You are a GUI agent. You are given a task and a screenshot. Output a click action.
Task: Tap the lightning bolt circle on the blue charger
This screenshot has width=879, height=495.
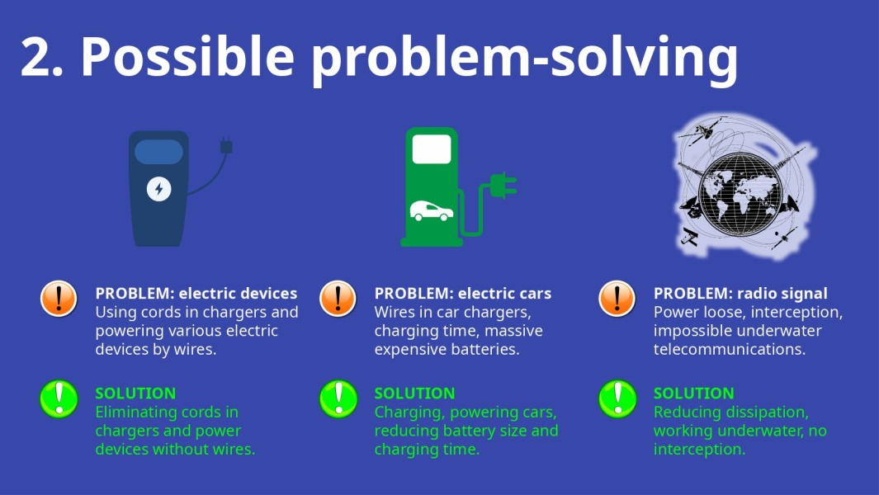point(159,189)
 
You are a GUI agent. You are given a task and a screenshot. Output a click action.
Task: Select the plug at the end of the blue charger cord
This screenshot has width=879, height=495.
point(226,147)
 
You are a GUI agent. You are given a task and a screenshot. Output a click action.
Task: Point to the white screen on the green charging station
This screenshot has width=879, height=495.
point(432,148)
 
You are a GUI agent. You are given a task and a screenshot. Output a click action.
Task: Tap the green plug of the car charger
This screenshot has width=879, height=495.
point(502,186)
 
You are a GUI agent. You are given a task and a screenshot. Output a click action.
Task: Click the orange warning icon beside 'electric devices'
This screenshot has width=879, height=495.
point(59,298)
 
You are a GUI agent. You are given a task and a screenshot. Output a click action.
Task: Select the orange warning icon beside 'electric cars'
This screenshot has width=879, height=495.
point(338,298)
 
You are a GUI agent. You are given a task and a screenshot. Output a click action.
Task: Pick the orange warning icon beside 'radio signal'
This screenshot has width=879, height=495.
point(617,298)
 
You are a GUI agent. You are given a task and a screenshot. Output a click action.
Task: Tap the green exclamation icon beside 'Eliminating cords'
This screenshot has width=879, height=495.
point(59,398)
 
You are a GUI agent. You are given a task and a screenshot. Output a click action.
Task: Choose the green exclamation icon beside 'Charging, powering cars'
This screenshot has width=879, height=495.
point(338,398)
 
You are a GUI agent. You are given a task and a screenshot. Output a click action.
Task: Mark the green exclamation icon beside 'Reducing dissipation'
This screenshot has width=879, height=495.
point(617,398)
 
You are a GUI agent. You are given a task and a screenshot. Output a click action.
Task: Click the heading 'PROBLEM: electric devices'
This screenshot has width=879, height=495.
point(196,294)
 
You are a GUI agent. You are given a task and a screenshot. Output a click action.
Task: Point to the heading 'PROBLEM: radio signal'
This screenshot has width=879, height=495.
point(740,294)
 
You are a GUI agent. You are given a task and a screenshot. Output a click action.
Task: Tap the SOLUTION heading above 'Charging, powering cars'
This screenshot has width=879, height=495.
point(414,394)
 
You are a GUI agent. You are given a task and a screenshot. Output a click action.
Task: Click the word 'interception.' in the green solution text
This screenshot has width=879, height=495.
point(699,450)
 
